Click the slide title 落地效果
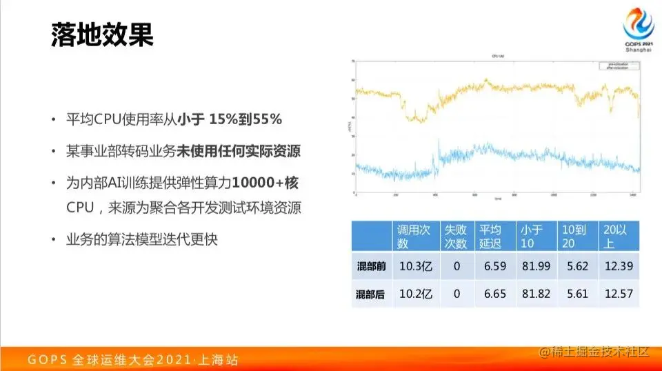(102, 35)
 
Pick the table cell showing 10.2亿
(416, 294)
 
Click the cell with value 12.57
(617, 294)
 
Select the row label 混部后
(370, 294)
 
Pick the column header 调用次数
(415, 236)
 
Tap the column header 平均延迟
(494, 236)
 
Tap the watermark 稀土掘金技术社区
(595, 352)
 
